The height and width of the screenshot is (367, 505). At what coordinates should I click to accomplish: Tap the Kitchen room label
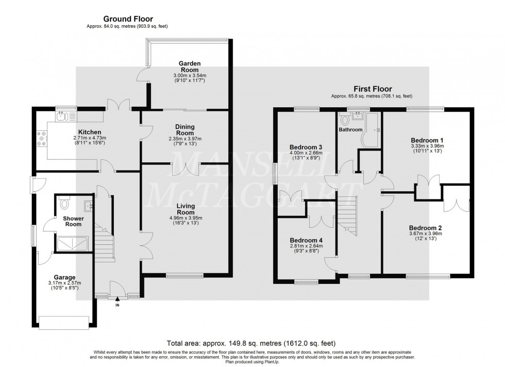click(89, 132)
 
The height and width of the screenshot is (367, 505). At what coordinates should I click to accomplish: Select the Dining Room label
click(183, 129)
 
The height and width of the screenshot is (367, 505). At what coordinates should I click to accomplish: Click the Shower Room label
click(73, 221)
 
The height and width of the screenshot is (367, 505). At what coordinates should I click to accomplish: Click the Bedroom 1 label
click(427, 140)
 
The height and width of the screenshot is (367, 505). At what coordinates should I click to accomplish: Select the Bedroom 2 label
click(426, 227)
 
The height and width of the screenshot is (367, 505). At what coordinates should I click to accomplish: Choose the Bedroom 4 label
click(306, 240)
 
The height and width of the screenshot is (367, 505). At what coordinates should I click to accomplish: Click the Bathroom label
click(350, 129)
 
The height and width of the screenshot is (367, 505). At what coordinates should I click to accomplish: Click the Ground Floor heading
click(127, 19)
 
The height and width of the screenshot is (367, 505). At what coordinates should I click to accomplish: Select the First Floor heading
click(372, 89)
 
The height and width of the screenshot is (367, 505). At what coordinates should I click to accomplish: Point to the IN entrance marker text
click(117, 305)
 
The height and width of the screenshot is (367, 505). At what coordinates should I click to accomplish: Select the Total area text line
click(252, 343)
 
